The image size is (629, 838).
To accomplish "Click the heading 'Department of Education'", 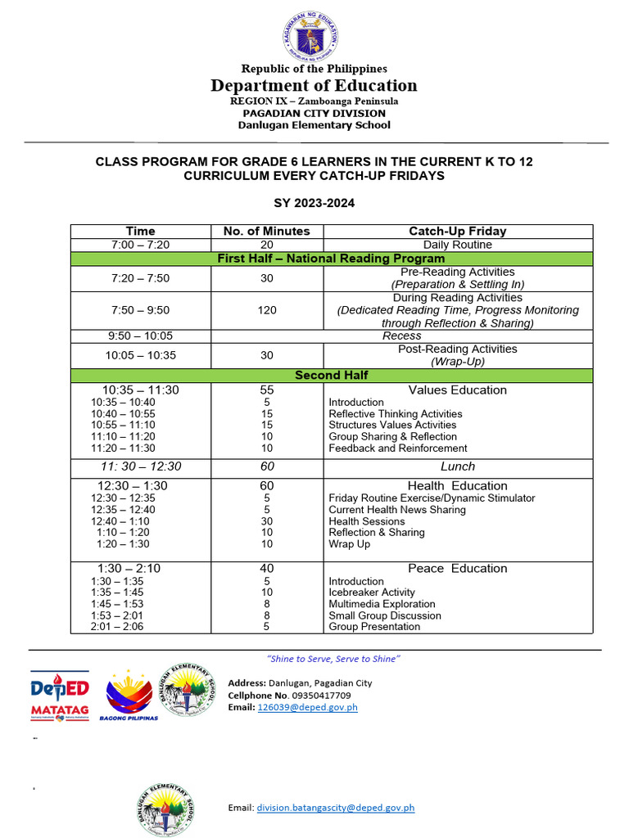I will pos(314,86).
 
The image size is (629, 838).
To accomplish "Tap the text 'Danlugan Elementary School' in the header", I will pos(314,125).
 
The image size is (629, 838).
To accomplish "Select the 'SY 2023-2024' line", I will pos(314,203).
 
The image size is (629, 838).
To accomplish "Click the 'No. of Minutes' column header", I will pos(267,232).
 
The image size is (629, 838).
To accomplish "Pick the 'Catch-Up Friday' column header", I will pos(458,232).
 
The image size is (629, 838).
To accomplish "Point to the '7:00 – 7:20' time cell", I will pos(140,245).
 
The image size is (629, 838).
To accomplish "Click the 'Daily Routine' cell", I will pos(458,245).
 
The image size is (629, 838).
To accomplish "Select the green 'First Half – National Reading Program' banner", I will pos(331,259).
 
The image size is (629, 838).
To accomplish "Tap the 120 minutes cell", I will pos(267,310).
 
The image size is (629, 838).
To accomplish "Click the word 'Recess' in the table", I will pos(402,336).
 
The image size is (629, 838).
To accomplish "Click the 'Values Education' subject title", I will pos(458,390).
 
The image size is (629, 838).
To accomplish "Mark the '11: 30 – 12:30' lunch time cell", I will pos(141,466).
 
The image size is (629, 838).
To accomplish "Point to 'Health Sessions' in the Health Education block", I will pos(367,521).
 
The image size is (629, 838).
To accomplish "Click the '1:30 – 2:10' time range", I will pos(129,569).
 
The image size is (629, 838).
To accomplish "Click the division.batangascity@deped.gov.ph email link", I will pos(336,808).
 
